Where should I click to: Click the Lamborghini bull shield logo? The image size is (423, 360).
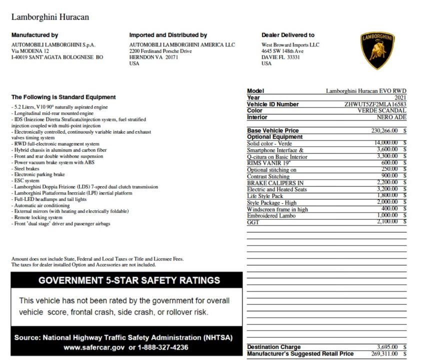[377, 51]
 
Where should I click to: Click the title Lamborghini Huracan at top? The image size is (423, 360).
[50, 17]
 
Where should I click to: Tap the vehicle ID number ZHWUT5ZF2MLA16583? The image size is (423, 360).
[375, 104]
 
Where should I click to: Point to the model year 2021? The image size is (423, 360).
[400, 98]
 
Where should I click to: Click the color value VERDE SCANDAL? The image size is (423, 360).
[381, 111]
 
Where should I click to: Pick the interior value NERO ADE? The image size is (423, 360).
[391, 117]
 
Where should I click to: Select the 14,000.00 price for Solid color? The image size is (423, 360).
[386, 143]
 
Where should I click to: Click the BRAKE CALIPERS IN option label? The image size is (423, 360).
[275, 183]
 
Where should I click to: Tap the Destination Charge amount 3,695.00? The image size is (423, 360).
[386, 347]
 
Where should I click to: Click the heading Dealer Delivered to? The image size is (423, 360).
[287, 35]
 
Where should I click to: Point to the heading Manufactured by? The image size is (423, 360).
[34, 35]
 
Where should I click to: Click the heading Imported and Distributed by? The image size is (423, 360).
[168, 35]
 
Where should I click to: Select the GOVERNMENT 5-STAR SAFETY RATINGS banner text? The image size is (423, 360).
[129, 280]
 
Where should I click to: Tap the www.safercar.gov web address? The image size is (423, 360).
[94, 347]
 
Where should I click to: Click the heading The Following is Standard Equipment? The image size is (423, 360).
[63, 97]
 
